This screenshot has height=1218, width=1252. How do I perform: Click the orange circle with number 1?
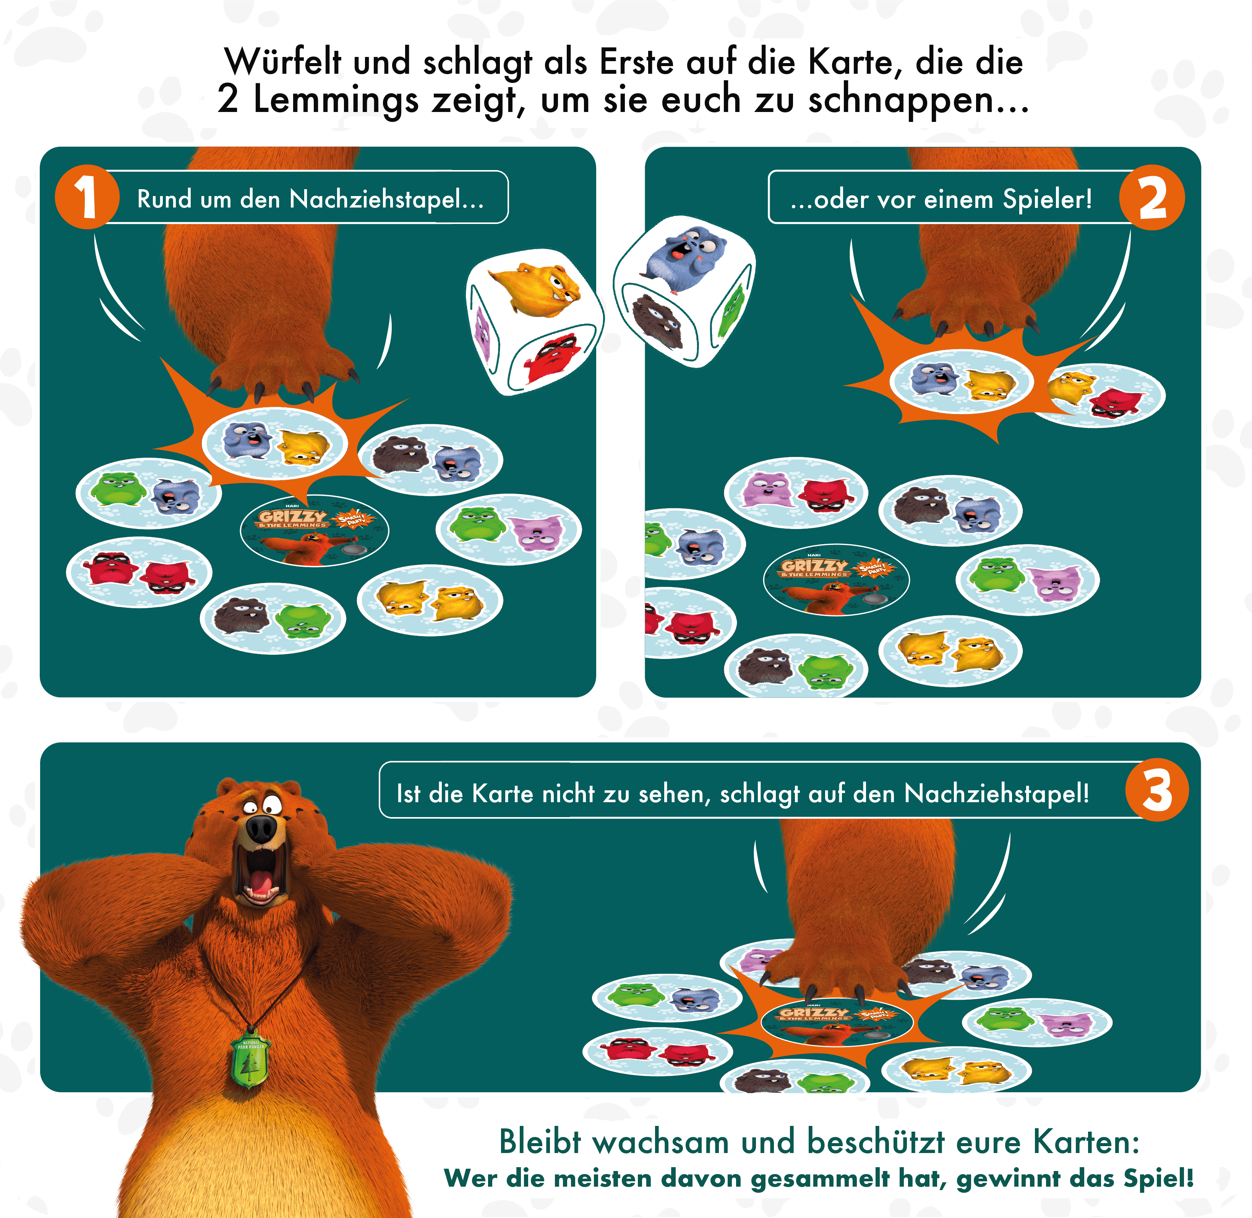[x=87, y=197]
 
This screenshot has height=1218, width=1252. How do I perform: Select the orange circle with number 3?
[x=1157, y=790]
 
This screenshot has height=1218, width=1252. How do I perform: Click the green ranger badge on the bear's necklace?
[x=251, y=1057]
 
